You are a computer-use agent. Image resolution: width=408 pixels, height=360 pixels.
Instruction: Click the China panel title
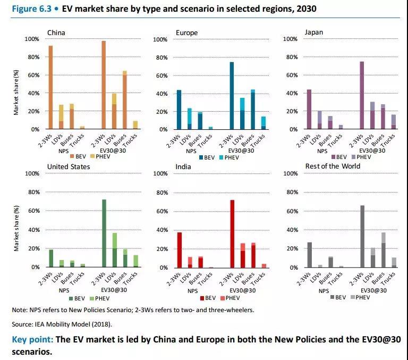click(57, 32)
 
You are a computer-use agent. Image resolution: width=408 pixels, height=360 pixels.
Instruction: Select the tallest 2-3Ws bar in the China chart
click(104, 85)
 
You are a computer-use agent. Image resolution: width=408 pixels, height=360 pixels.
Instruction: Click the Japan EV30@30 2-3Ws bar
click(362, 95)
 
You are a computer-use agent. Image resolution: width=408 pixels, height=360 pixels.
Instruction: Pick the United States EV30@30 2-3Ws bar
click(104, 233)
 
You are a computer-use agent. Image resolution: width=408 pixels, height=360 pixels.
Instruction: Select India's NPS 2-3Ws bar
click(180, 250)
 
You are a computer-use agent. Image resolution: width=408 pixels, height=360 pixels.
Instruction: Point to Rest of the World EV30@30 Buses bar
click(384, 250)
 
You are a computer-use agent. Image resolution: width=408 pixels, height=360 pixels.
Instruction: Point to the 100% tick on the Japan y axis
click(290, 39)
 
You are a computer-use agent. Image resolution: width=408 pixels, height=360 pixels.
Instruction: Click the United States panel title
click(69, 166)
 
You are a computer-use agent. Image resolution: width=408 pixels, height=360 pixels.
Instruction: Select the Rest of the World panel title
click(333, 166)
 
